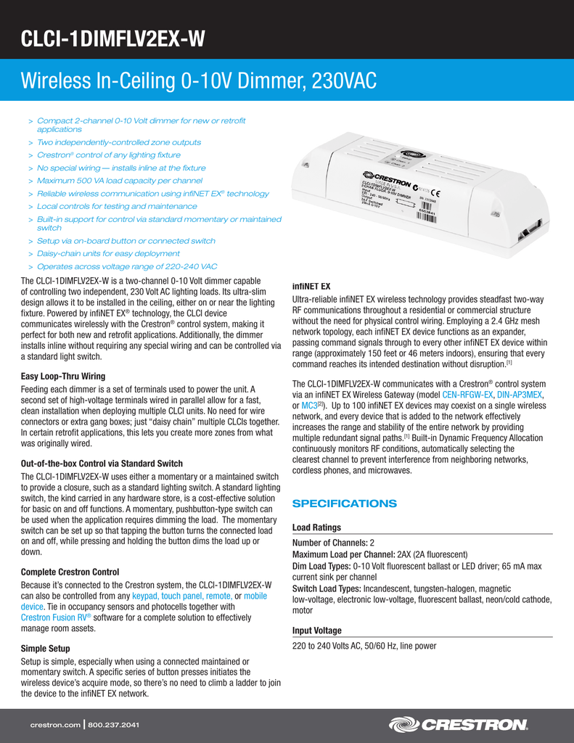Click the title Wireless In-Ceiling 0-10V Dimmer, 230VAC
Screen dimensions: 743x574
198,81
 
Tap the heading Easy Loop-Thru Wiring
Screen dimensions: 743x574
63,376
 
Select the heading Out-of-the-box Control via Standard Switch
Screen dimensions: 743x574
102,463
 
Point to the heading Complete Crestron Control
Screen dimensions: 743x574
70,572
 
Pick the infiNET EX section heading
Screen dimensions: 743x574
311,286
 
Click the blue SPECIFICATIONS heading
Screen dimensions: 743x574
344,504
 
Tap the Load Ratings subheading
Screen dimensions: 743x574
316,528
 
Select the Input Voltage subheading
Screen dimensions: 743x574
316,631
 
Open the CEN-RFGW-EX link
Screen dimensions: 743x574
468,394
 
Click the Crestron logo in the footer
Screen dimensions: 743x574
458,724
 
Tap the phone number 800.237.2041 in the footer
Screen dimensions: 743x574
113,725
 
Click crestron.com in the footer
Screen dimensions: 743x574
54,725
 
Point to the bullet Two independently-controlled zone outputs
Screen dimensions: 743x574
119,142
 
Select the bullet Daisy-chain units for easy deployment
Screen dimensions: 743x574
108,253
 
